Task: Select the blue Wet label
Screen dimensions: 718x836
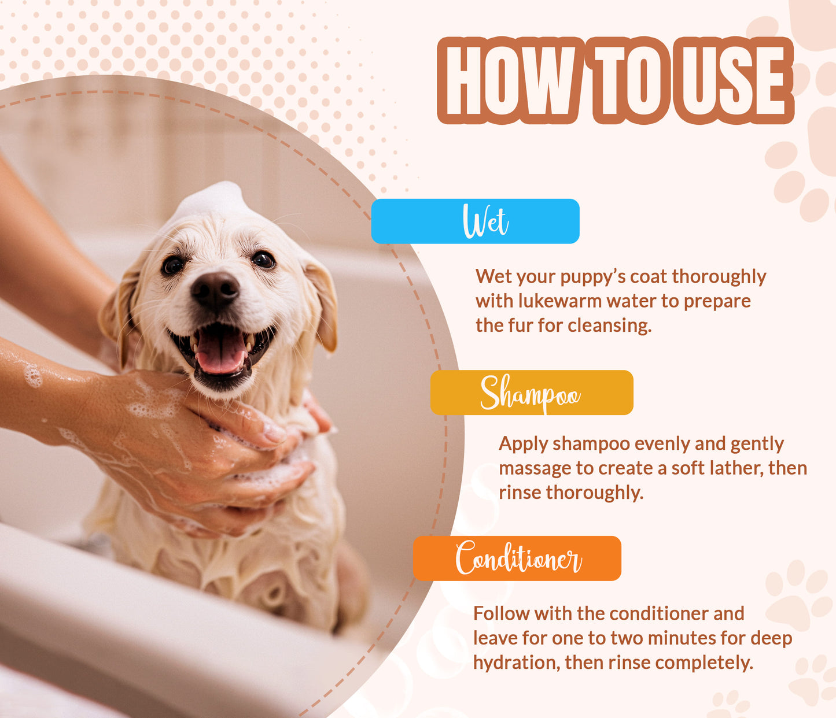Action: [475, 221]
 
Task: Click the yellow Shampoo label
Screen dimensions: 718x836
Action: [531, 393]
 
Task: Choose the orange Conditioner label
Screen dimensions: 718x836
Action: [517, 558]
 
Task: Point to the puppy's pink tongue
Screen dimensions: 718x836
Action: [220, 352]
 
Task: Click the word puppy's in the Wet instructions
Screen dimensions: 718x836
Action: [592, 277]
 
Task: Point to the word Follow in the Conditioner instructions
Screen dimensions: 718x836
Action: [501, 613]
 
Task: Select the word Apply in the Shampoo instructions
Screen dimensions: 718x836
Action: [524, 444]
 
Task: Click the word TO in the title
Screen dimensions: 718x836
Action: [628, 80]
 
